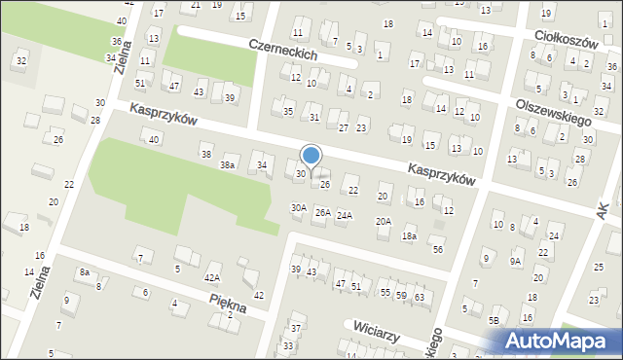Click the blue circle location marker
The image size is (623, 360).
(x=311, y=155)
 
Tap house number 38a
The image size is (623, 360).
(x=227, y=165)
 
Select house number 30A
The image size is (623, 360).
(x=299, y=207)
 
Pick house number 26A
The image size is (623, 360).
(x=321, y=212)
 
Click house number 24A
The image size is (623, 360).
(x=345, y=215)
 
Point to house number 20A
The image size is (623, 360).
(x=384, y=221)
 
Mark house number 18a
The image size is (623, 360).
(x=410, y=235)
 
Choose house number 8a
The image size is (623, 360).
(x=85, y=272)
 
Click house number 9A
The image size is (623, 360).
(x=516, y=261)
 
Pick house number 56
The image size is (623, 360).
(x=438, y=249)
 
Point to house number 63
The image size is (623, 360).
(x=420, y=296)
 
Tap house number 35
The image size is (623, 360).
(x=288, y=111)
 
